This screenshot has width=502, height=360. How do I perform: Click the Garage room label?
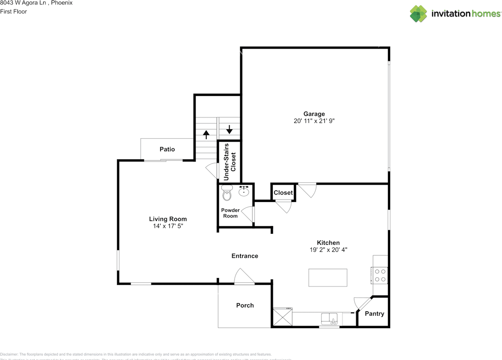314,114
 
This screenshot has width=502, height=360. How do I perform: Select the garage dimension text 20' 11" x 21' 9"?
314,121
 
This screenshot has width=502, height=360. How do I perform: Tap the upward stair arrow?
206,134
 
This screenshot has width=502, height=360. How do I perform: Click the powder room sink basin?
244,191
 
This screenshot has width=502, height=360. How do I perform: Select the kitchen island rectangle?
328,278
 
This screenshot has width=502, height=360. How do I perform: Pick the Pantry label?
375,314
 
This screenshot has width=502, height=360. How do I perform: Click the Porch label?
245,305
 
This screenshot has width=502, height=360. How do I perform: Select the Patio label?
167,149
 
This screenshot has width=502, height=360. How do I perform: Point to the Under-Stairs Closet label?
229,162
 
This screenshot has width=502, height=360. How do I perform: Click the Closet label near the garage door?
283,193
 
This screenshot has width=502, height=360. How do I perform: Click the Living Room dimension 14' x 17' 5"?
168,226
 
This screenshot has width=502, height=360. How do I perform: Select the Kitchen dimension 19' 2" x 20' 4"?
328,249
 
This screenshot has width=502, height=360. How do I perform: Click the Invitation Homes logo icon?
418,14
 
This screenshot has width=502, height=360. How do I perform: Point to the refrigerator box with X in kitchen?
283,317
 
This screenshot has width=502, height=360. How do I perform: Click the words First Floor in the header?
13,11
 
